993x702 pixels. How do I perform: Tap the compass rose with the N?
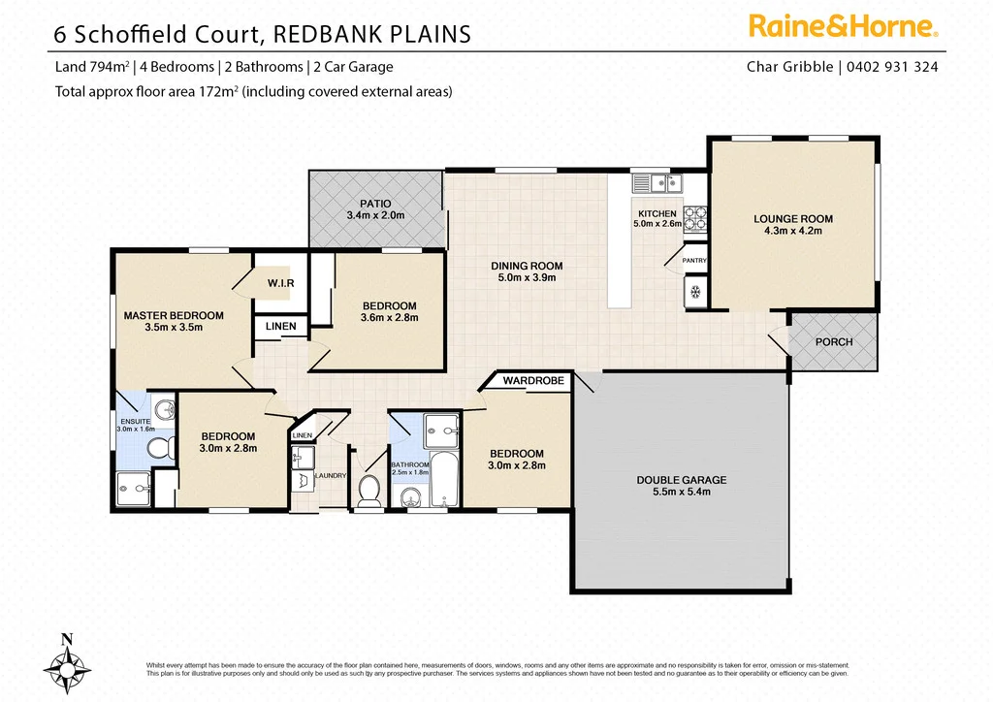point(66,665)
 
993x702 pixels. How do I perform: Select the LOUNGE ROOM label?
point(793,219)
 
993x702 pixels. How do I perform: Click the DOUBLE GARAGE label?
point(682,480)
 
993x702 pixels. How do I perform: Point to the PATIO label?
point(374,204)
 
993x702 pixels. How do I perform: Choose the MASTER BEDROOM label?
point(174,315)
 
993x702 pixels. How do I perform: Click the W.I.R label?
point(281,282)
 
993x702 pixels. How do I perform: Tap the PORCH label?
point(834,342)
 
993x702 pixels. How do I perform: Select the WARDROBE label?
point(533,381)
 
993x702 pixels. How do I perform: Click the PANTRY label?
point(694,260)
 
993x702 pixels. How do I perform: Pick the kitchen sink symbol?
point(659,181)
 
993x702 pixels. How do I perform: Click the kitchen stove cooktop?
point(695,219)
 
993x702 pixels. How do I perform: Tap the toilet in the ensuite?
point(157,445)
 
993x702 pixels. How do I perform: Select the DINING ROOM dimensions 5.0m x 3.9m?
point(527,278)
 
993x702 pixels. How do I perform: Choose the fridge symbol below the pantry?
point(694,291)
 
